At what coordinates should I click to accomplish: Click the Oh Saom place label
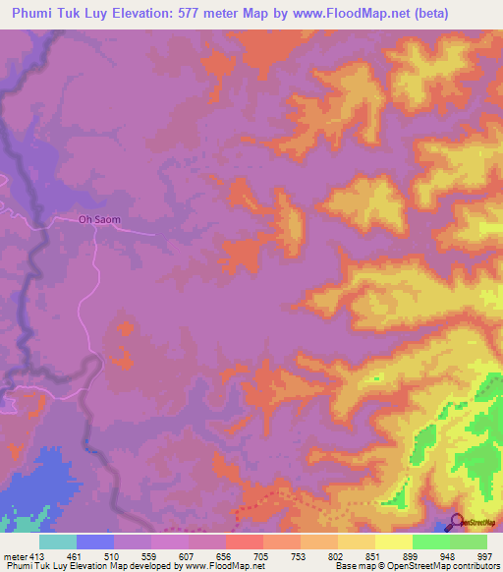click(x=99, y=220)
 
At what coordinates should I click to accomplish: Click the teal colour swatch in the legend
click(x=57, y=542)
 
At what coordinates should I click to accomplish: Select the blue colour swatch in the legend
click(x=94, y=542)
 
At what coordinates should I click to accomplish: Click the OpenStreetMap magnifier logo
click(x=457, y=523)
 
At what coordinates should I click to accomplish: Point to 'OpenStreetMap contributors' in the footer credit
click(x=442, y=566)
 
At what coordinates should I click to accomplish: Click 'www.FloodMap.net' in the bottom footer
click(x=225, y=566)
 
